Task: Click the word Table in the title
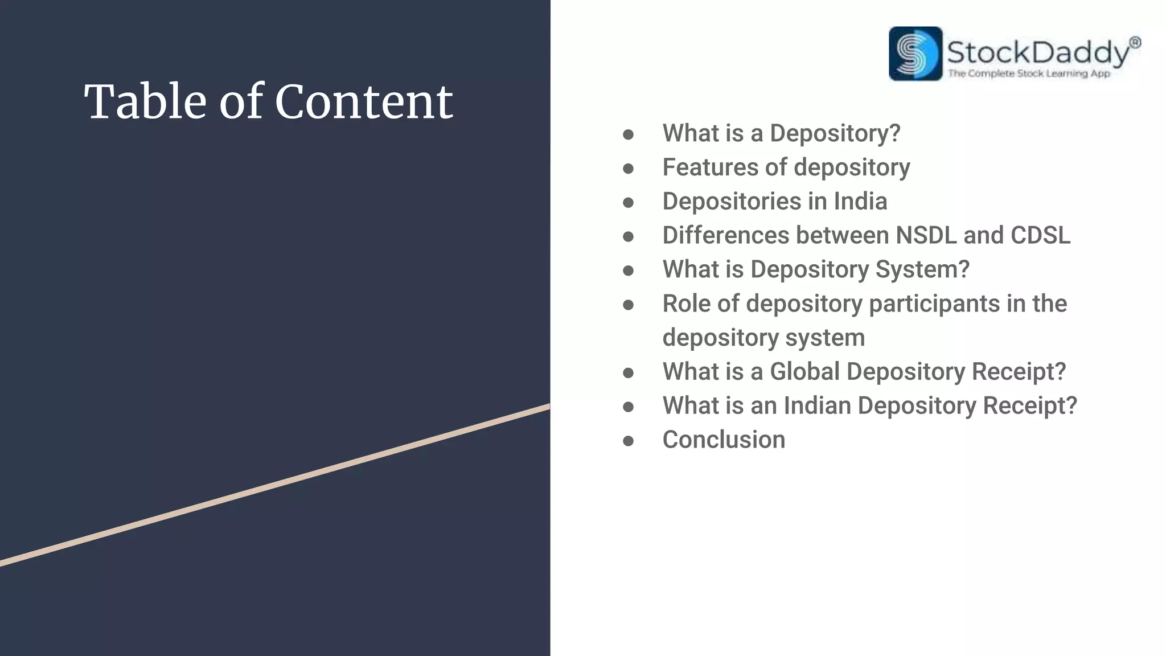tap(145, 102)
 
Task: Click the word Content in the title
tap(364, 102)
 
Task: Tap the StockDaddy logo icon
tap(915, 54)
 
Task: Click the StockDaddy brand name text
tap(1038, 52)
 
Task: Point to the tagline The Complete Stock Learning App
tap(1029, 73)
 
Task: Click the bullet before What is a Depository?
tap(628, 135)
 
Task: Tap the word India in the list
tap(860, 202)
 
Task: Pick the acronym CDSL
tap(1040, 236)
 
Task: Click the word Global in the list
tap(804, 372)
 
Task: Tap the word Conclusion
tap(724, 440)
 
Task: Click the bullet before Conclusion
tap(628, 441)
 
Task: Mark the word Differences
tap(726, 236)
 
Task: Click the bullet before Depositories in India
tap(628, 203)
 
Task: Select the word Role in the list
tap(686, 304)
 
